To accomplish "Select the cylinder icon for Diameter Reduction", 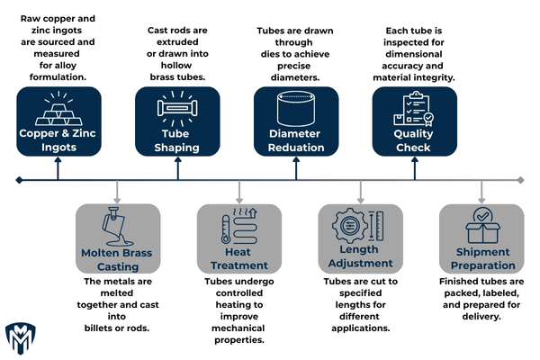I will click(297, 110).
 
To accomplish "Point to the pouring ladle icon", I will click(119, 229).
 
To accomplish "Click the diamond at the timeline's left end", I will click(19, 180).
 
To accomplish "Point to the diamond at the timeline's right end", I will click(521, 180).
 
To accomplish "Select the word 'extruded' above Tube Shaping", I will click(176, 43).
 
